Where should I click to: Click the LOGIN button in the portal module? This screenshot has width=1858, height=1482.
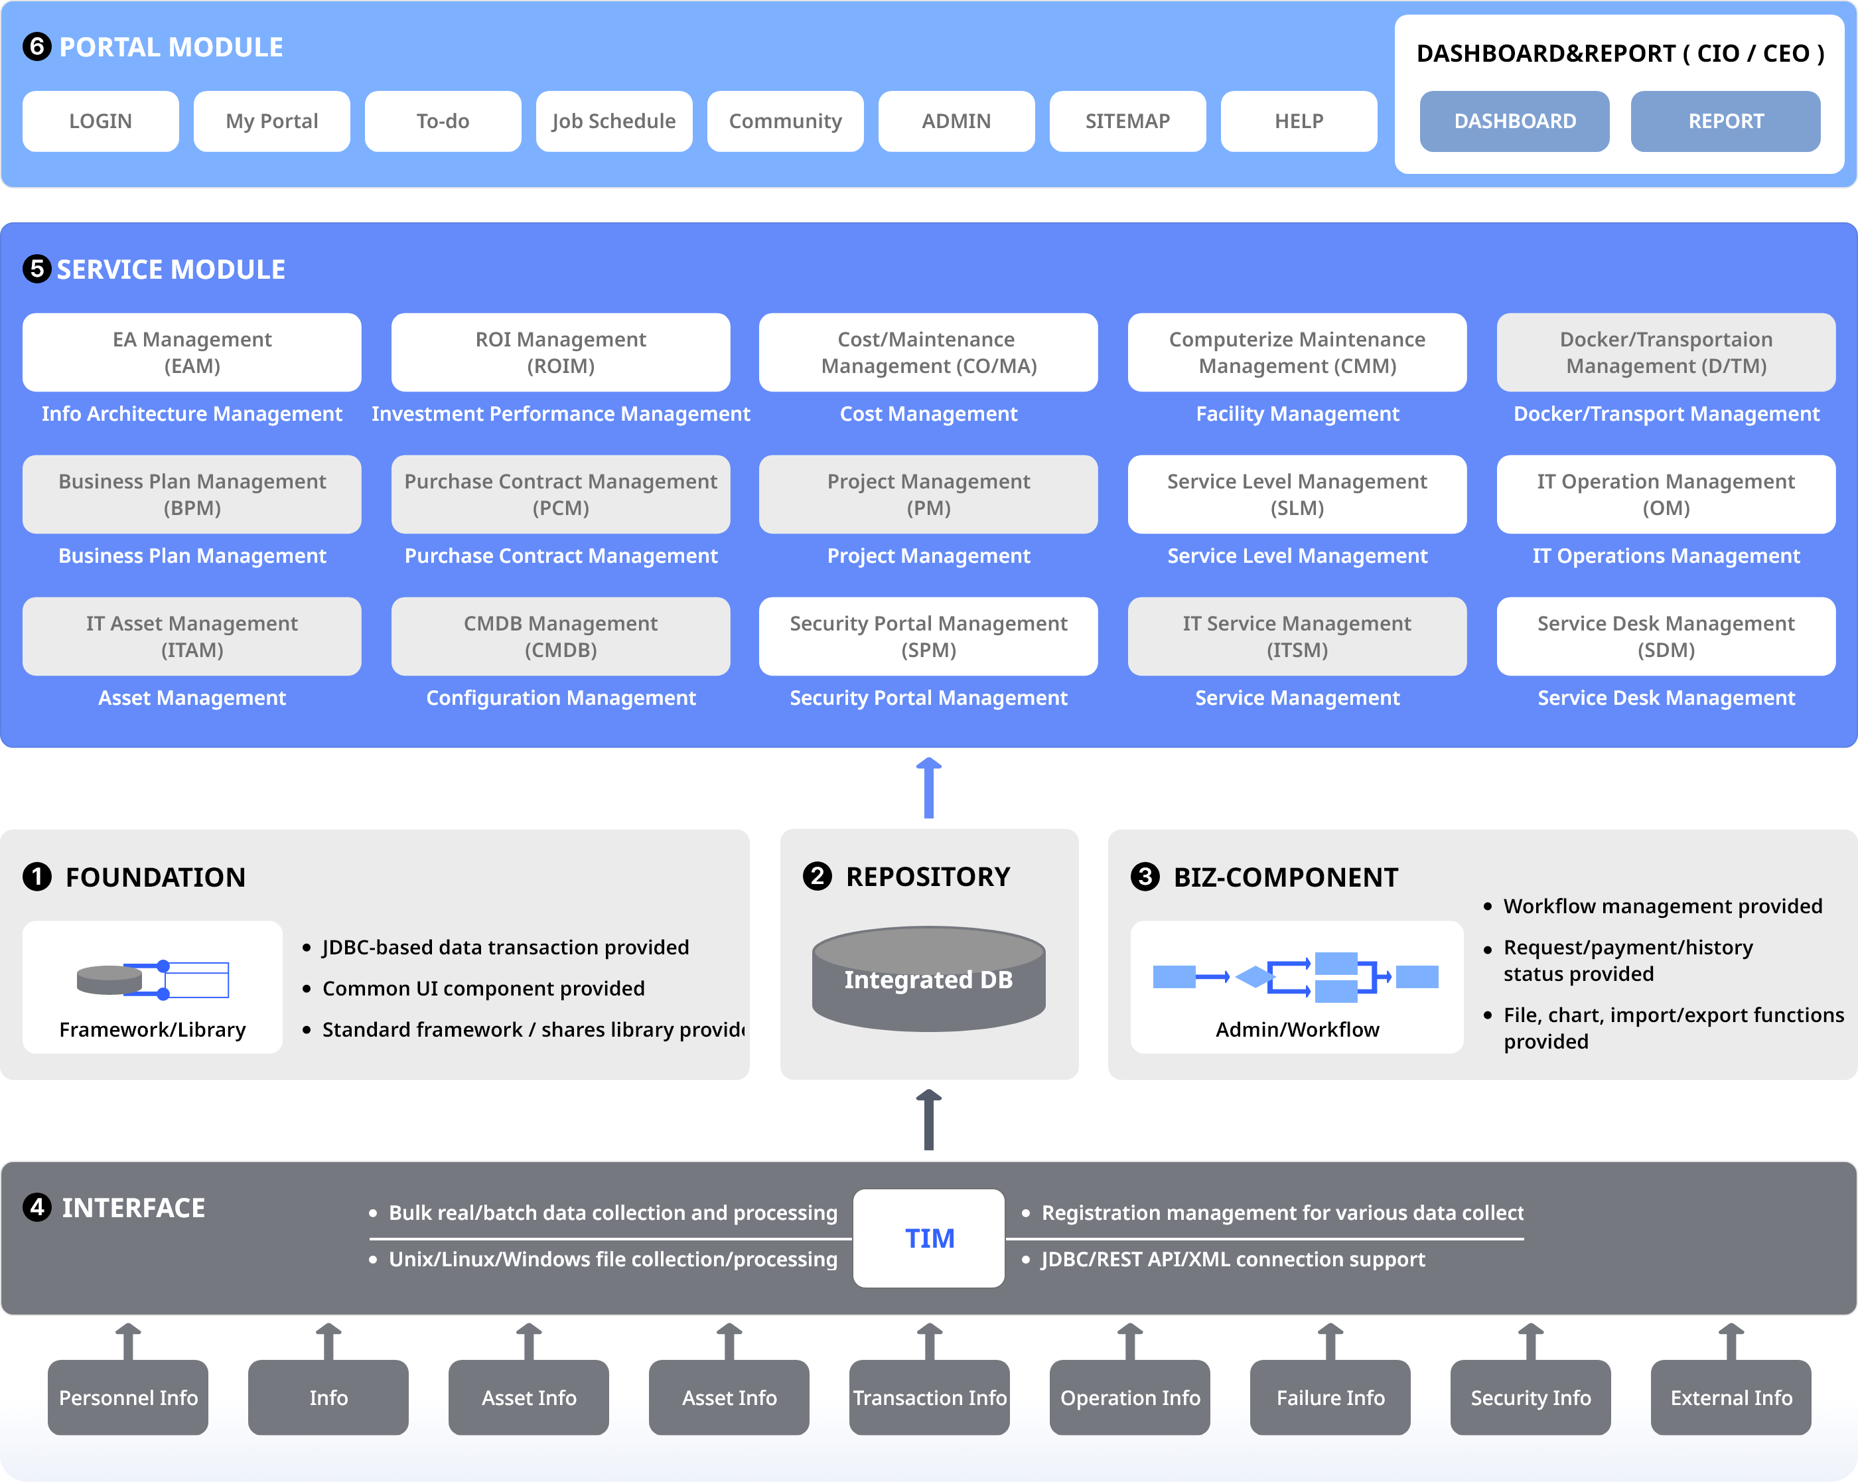click(x=100, y=121)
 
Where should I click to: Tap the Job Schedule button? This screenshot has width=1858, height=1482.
click(x=614, y=121)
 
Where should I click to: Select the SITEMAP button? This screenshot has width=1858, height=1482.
click(x=1127, y=121)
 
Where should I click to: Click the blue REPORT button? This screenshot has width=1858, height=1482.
click(x=1725, y=121)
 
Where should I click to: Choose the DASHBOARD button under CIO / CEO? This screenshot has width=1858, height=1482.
click(x=1514, y=121)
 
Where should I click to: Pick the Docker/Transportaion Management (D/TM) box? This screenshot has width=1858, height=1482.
click(x=1666, y=352)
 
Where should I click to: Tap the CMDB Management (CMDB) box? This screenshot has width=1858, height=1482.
click(x=560, y=636)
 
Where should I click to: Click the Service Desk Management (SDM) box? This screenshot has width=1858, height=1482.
click(x=1666, y=636)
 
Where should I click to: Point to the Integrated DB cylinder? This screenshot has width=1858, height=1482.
click(x=928, y=980)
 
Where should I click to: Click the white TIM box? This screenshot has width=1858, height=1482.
click(x=928, y=1238)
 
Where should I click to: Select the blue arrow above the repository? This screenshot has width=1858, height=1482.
click(x=928, y=788)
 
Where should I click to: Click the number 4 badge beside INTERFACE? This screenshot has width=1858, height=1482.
click(x=37, y=1207)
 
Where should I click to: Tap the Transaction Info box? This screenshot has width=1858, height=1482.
click(x=929, y=1398)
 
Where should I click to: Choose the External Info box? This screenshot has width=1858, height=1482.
click(x=1731, y=1398)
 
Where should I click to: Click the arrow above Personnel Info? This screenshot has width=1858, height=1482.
click(x=129, y=1341)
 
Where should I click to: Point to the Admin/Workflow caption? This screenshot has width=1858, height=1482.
click(x=1297, y=1029)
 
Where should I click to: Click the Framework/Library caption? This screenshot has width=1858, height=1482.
click(x=153, y=1029)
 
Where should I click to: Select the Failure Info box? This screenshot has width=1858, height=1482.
click(x=1330, y=1398)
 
